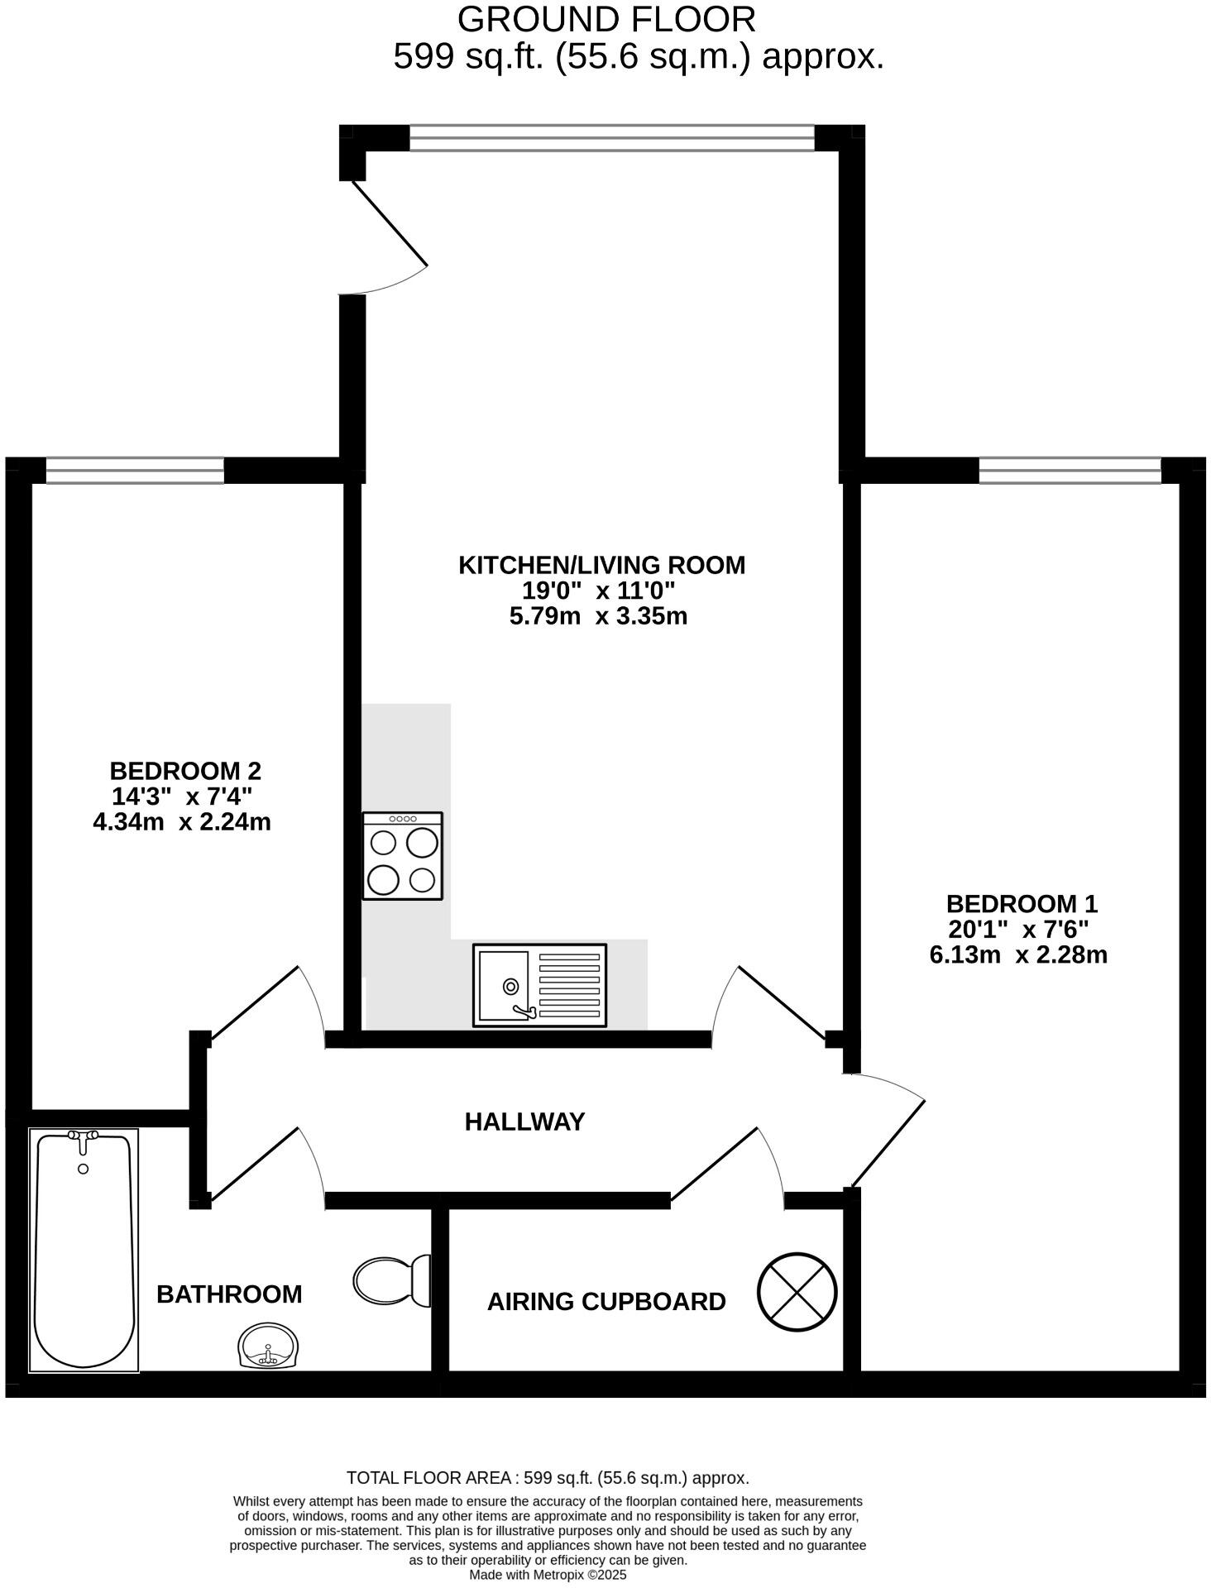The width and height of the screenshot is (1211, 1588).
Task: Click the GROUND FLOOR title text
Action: tap(605, 19)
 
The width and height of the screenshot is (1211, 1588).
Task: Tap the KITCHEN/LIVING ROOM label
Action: tap(601, 565)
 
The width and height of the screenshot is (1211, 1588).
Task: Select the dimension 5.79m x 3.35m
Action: tap(598, 616)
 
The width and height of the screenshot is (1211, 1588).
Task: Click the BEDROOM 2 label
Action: tap(185, 771)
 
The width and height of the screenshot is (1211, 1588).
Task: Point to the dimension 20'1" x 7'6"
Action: tap(1018, 929)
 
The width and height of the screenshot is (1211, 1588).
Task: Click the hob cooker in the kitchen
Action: tap(403, 856)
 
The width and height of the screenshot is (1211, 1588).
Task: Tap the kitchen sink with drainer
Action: tap(539, 985)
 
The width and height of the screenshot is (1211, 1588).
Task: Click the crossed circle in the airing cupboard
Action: tap(797, 1292)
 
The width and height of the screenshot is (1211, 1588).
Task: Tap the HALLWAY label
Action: tap(524, 1122)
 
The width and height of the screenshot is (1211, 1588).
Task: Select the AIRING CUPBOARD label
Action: tap(605, 1302)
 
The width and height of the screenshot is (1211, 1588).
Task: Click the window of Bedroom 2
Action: tap(135, 471)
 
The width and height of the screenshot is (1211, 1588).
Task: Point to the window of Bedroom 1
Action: tap(1070, 471)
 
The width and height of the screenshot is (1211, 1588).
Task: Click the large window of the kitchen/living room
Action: tap(612, 138)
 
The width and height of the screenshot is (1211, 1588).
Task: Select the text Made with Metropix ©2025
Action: tap(548, 1576)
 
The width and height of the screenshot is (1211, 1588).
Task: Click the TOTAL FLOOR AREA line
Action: tap(548, 1478)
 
